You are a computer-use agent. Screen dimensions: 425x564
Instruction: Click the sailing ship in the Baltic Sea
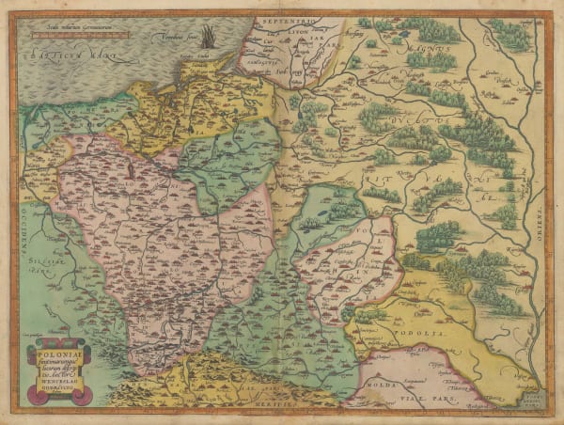click(x=208, y=39)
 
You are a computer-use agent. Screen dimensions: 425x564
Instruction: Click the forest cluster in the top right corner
click(x=509, y=35)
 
